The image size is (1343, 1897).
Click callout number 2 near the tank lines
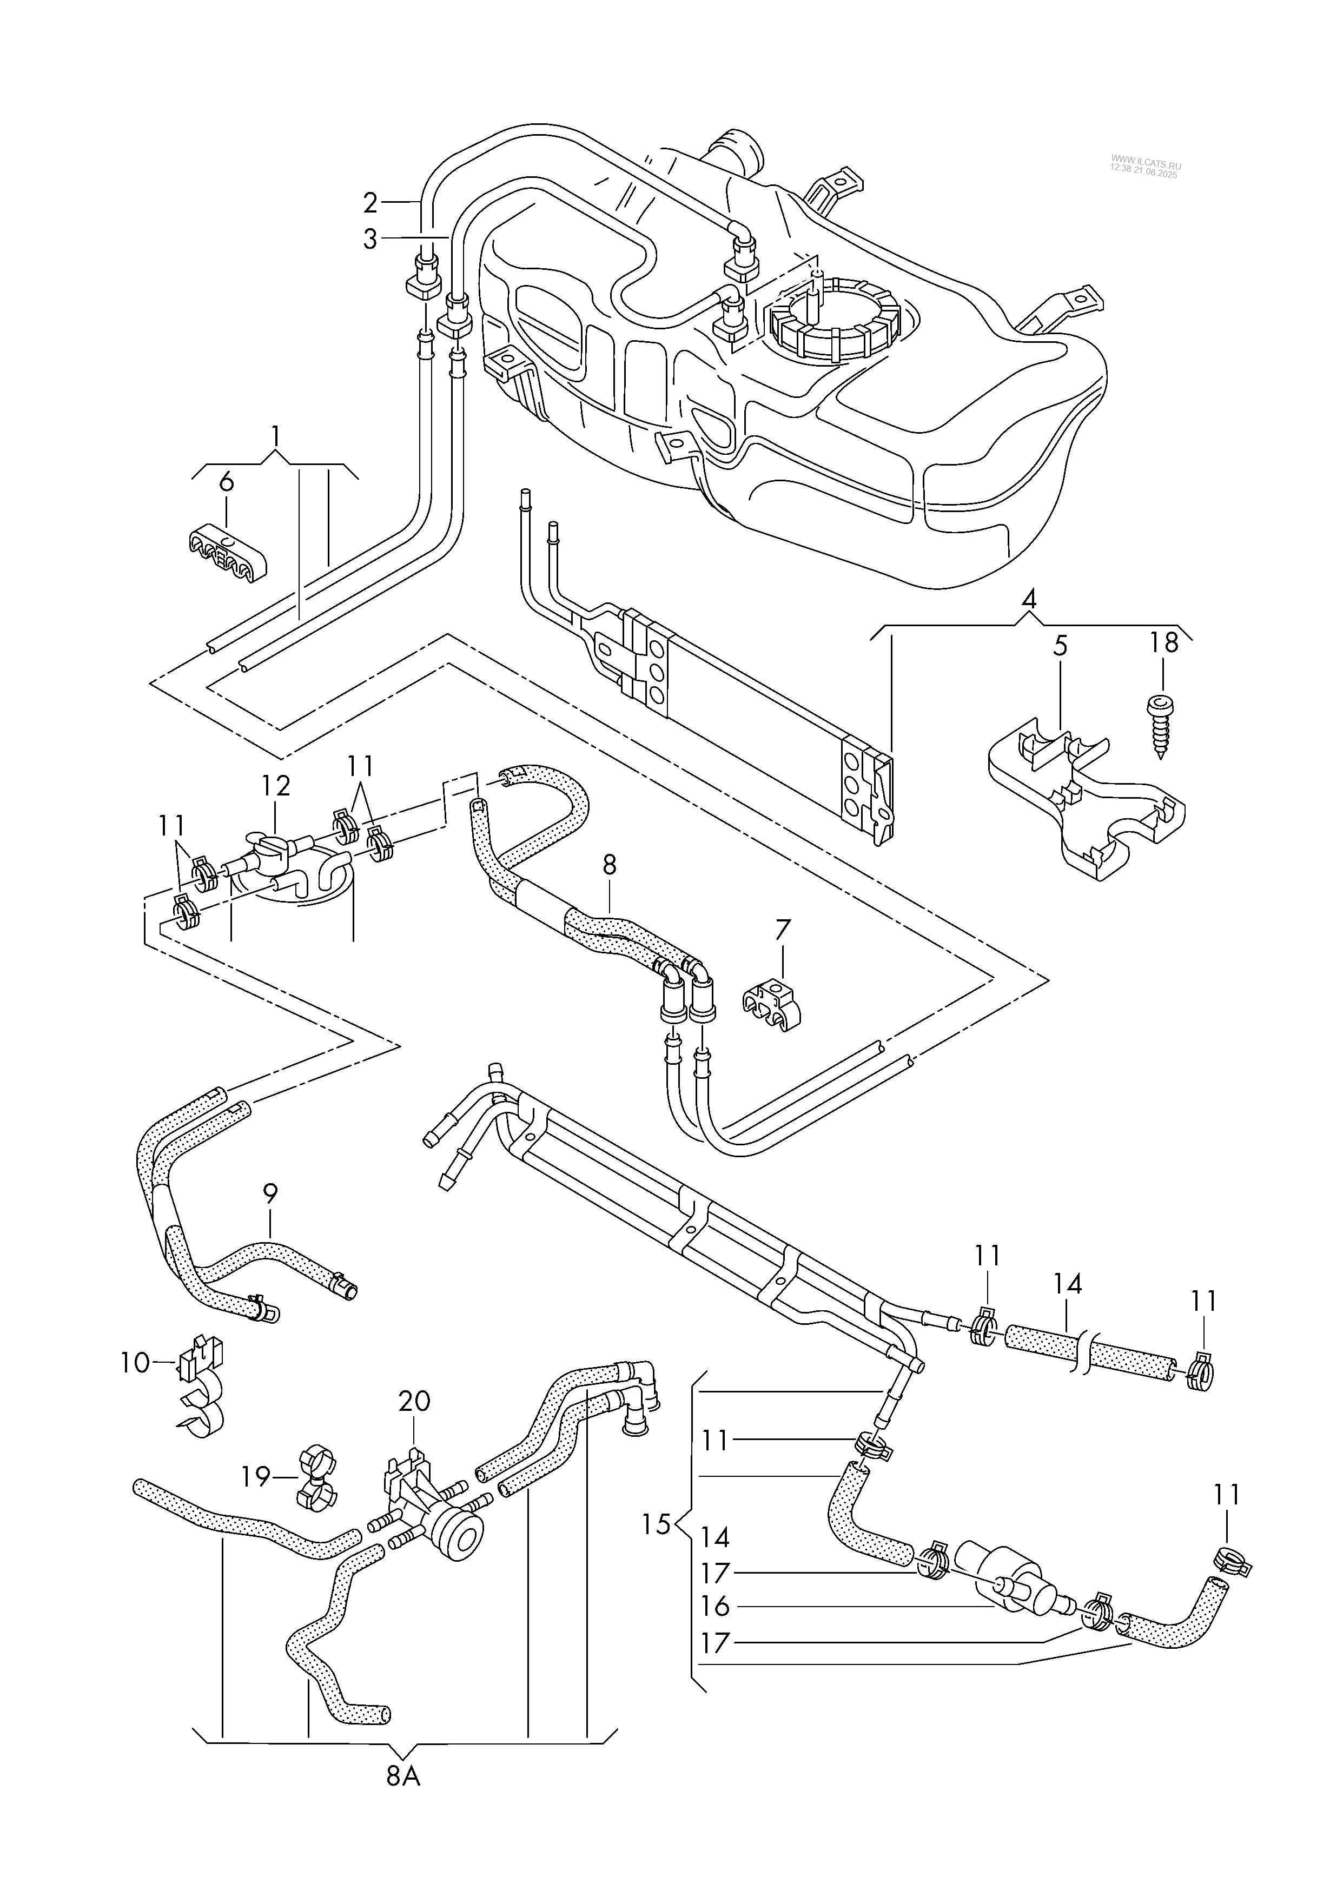pos(369,202)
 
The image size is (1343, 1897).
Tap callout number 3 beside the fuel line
pos(369,239)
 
